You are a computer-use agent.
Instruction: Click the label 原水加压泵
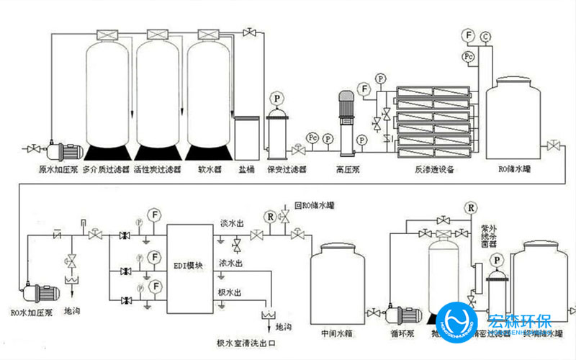tap(58, 170)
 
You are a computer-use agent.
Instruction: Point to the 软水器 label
tap(208, 170)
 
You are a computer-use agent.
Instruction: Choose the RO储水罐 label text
tap(513, 170)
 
